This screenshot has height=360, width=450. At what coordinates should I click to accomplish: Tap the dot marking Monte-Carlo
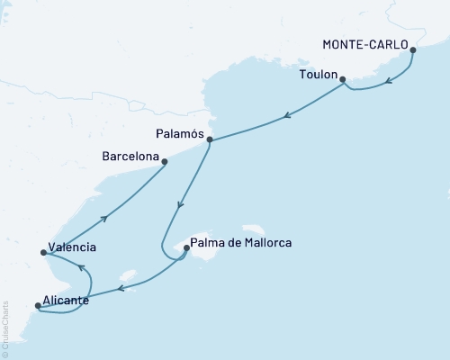413,50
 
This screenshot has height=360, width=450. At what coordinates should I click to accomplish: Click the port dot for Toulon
343,79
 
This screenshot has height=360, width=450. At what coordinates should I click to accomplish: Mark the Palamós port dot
209,139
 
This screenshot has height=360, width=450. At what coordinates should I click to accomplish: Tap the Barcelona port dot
165,162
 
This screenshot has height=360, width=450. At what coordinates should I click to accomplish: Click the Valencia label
74,247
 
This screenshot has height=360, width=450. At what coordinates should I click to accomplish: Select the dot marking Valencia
44,253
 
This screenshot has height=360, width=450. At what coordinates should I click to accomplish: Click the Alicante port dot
37,306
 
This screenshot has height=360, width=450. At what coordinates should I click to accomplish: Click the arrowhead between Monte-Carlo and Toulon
387,81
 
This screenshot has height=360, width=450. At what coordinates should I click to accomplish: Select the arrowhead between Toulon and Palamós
286,114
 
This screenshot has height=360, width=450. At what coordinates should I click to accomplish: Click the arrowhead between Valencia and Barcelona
107,215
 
